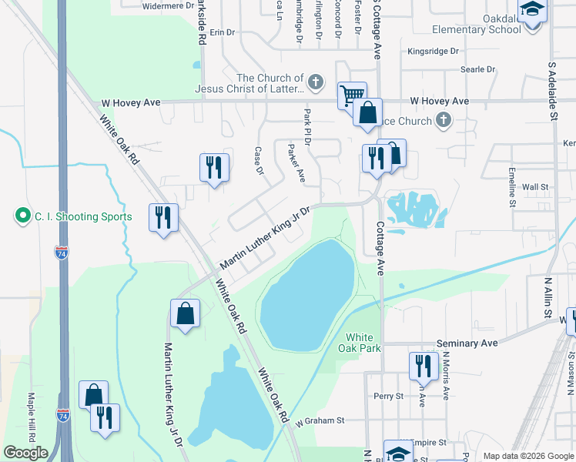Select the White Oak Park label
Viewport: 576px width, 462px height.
(359, 343)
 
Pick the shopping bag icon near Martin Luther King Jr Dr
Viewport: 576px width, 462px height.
(186, 313)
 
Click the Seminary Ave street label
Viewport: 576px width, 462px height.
(467, 343)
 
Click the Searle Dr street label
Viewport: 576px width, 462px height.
(477, 69)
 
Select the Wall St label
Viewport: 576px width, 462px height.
(534, 186)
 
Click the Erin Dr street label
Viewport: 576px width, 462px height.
(222, 32)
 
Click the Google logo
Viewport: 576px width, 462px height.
(25, 453)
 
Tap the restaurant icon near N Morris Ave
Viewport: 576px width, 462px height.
(423, 366)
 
